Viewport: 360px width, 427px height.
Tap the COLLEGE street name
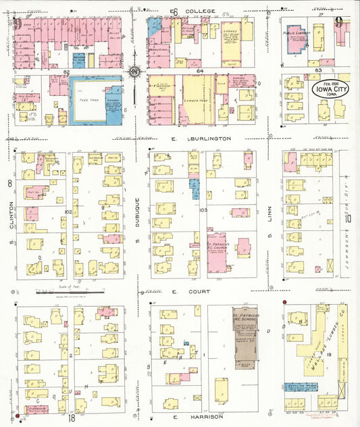201,11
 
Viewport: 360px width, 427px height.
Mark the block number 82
67,71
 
